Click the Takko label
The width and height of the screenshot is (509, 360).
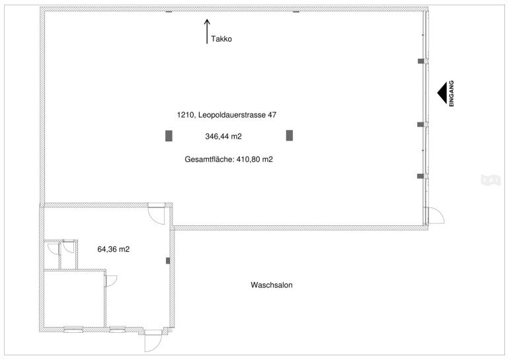221,39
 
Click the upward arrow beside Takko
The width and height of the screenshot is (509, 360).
207,31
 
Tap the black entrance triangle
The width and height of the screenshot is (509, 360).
442,93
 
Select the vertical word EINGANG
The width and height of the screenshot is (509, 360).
451,93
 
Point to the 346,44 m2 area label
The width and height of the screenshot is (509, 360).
223,137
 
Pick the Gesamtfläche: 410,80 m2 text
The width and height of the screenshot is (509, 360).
229,159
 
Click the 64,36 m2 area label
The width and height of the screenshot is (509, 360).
114,249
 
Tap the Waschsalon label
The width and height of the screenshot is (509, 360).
272,285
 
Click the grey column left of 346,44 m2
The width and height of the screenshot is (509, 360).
169,135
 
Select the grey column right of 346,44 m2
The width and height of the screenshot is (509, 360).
290,135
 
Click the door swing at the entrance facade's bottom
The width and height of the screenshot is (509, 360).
436,215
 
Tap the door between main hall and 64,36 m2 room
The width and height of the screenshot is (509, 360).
156,214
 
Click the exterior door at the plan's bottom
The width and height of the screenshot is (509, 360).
153,341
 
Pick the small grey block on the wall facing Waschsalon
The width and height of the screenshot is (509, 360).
168,260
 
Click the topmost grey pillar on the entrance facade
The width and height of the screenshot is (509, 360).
420,61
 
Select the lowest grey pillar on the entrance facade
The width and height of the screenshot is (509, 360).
420,176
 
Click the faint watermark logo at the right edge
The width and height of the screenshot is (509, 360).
490,180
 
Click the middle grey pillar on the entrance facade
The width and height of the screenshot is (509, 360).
420,125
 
